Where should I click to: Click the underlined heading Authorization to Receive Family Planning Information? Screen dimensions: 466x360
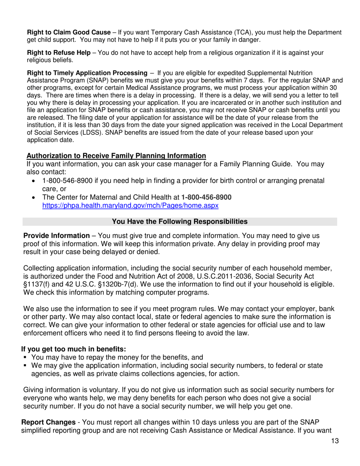tap(116, 156)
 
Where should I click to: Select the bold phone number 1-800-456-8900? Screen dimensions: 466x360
tap(207, 197)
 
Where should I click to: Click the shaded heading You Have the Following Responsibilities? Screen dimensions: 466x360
tap(180, 221)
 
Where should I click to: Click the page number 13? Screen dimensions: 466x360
tap(333, 440)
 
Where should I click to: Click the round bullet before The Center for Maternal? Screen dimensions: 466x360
tap(35, 197)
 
